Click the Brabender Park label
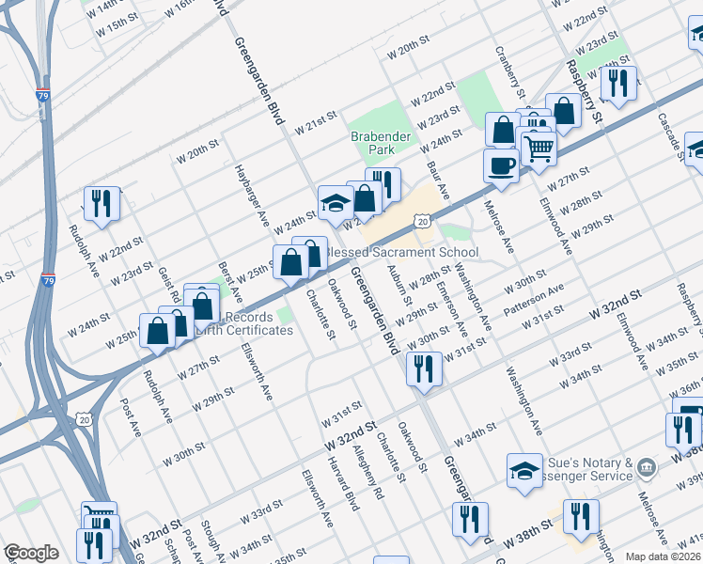(x=381, y=143)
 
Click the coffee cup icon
(x=501, y=166)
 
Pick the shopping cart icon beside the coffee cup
(x=539, y=148)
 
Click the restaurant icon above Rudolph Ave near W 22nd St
(x=100, y=203)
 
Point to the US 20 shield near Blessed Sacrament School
(x=423, y=221)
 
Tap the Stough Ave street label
(x=210, y=540)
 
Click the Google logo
(x=31, y=553)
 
